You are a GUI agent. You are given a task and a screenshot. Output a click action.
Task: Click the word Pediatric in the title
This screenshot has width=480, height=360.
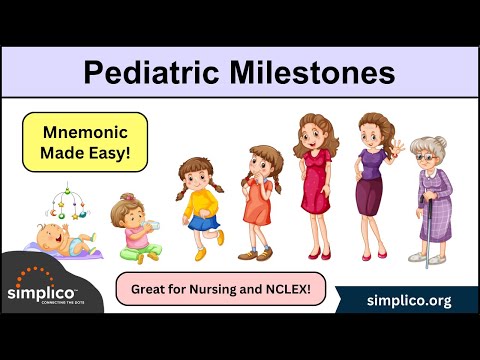tap(151, 73)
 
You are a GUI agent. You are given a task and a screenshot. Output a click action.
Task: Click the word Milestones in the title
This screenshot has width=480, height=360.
tap(312, 72)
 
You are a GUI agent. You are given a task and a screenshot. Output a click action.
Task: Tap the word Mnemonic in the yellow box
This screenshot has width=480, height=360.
tap(85, 132)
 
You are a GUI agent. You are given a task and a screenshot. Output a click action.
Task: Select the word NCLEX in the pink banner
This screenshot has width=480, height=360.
tap(288, 289)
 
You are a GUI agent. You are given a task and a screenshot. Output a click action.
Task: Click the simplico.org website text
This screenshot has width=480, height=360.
tap(409, 301)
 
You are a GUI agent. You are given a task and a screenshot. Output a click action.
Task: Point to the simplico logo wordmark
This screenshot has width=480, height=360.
tap(41, 293)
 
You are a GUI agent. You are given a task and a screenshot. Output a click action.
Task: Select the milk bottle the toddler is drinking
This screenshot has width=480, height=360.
tap(151, 225)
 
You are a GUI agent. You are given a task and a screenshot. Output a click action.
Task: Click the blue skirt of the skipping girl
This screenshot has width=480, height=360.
tap(204, 223)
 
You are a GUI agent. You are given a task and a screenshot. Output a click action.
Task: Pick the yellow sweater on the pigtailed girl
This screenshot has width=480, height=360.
tap(201, 203)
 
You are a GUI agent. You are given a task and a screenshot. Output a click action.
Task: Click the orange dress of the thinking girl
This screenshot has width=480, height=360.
tap(257, 202)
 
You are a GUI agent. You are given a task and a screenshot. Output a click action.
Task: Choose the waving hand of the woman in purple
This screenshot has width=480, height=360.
tap(397, 148)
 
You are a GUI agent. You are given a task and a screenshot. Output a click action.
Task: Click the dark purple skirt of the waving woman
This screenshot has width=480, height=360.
tap(369, 196)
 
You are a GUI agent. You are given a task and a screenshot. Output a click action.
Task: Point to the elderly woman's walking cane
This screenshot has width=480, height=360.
tap(429, 233)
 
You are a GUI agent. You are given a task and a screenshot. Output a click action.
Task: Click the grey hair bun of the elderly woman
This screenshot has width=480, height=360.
tap(441, 142)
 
